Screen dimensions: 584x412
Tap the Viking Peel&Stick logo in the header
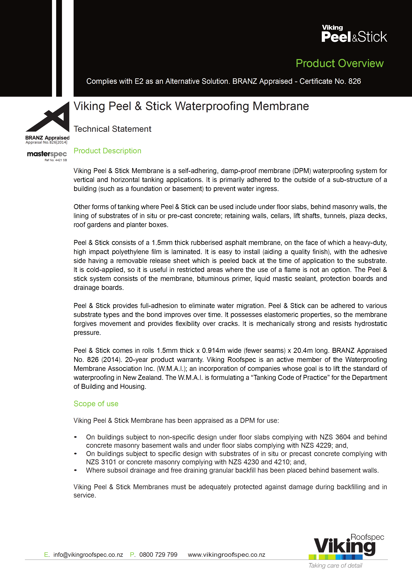[354, 34]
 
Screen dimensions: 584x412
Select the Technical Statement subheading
[112, 129]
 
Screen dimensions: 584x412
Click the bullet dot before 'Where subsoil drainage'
[75, 470]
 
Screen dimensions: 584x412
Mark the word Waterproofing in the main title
[212, 106]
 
